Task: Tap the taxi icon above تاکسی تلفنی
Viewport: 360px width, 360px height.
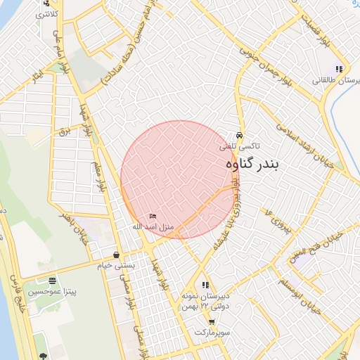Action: pos(239,136)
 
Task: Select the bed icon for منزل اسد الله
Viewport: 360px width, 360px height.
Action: pos(153,216)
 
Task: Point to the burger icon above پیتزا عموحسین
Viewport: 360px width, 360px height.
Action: pos(52,280)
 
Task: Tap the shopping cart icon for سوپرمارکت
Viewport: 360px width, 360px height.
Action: pos(212,321)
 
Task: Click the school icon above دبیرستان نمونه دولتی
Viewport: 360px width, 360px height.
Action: pos(205,285)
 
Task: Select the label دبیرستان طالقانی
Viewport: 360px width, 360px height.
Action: pos(337,81)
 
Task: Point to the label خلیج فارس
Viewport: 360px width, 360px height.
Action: pos(21,302)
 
